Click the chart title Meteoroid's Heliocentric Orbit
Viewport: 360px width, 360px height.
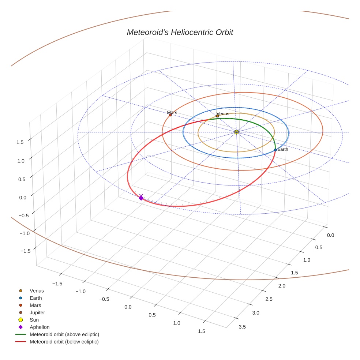click(x=180, y=32)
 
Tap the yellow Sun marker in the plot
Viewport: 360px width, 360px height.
click(x=236, y=132)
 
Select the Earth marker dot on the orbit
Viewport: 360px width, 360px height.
click(x=275, y=150)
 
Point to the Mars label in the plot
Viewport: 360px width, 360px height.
click(x=172, y=113)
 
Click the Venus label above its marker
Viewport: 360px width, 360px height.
click(x=222, y=114)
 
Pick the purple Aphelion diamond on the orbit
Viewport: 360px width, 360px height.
click(x=141, y=198)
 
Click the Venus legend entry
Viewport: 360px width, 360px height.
click(x=37, y=291)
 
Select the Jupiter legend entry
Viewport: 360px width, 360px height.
click(x=37, y=313)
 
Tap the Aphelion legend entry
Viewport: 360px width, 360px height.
click(x=40, y=327)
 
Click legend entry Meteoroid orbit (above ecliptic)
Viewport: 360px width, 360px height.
click(x=64, y=334)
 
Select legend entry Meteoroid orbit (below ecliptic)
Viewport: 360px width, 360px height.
click(x=64, y=342)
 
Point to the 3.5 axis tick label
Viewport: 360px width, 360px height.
click(x=242, y=327)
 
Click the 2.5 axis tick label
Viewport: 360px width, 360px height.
click(x=269, y=299)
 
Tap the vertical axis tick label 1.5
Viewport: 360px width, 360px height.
click(x=20, y=142)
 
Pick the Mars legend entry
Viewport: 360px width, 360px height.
click(x=35, y=305)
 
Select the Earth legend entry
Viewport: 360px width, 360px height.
click(x=36, y=298)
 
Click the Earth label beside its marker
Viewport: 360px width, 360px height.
click(x=283, y=149)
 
